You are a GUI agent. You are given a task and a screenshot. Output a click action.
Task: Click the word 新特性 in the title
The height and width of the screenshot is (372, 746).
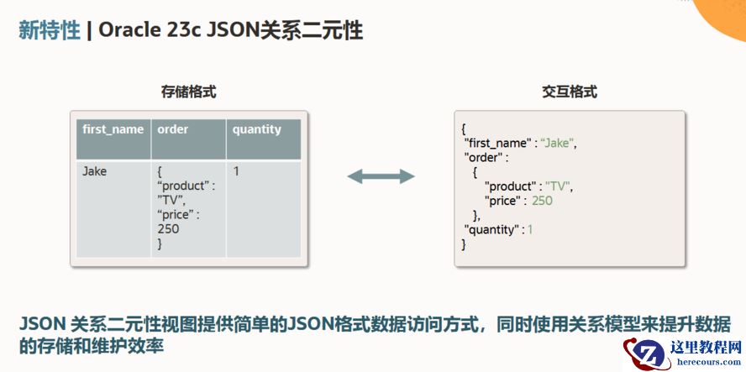point(50,31)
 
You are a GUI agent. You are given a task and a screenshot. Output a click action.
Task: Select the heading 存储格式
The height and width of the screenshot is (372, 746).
point(188,92)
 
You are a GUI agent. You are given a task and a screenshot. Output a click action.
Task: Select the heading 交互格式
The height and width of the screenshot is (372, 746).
point(570,92)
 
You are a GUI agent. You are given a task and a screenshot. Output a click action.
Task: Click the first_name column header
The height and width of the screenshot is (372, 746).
point(113,129)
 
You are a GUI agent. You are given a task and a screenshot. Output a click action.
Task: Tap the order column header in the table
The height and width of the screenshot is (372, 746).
point(173,129)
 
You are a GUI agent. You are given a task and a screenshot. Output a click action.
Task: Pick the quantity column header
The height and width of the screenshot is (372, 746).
point(257,129)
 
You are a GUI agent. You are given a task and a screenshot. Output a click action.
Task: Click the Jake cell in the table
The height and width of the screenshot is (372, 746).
point(95,171)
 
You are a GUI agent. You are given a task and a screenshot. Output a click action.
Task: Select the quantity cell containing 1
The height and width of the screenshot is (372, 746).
point(237,171)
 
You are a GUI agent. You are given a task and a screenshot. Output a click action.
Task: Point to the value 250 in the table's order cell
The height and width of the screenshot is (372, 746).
point(168,228)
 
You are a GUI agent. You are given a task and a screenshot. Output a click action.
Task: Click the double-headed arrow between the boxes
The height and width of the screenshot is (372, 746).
point(381,176)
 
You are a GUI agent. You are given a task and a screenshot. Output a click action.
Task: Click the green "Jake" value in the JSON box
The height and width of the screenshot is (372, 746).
point(557,143)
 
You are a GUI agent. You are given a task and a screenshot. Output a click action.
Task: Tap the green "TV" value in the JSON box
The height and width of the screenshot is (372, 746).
point(559,186)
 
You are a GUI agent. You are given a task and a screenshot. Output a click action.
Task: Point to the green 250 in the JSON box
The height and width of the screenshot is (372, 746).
point(542,201)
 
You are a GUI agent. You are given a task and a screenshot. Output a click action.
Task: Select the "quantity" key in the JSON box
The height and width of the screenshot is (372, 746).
point(494,229)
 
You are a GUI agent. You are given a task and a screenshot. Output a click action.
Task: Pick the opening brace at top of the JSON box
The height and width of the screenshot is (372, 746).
point(463,128)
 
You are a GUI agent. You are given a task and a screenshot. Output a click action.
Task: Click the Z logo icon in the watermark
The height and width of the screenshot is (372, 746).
point(647,353)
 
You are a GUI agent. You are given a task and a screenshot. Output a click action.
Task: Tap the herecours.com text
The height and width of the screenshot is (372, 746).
point(704,363)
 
